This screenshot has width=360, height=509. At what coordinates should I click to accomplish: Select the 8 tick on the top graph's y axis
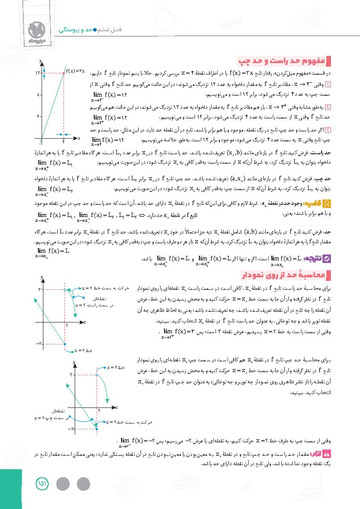click(x=39, y=94)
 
